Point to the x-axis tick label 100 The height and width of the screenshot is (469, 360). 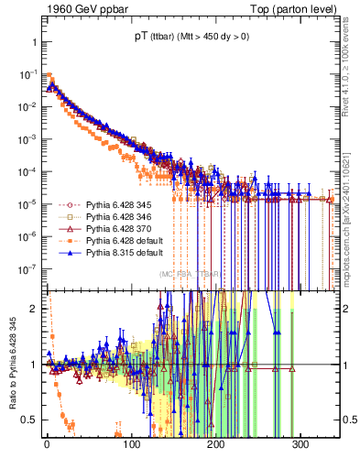pyautogui.click(x=131, y=444)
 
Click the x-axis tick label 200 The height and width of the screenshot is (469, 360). pyautogui.click(x=216, y=444)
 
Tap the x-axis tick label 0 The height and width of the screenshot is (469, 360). pyautogui.click(x=47, y=444)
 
